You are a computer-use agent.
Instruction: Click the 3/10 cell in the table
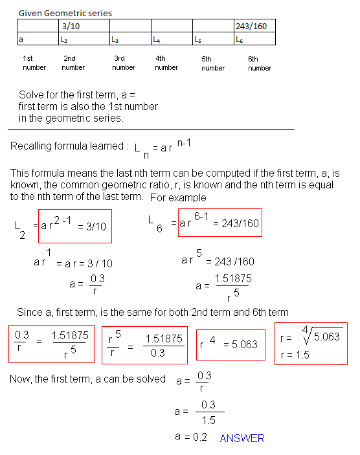pyautogui.click(x=84, y=26)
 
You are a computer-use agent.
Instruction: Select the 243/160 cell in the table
pyautogui.click(x=255, y=26)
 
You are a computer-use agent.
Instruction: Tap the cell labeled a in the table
pyautogui.click(x=37, y=39)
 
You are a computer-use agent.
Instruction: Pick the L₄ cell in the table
pyautogui.click(x=172, y=39)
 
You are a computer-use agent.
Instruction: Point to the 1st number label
pyautogui.click(x=34, y=63)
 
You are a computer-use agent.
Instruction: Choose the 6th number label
pyautogui.click(x=259, y=63)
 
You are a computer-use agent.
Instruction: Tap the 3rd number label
pyautogui.click(x=124, y=63)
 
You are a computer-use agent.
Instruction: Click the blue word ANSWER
pyautogui.click(x=242, y=438)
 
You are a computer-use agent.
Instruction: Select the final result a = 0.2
pyautogui.click(x=190, y=437)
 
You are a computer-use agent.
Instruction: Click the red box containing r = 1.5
pyautogui.click(x=310, y=343)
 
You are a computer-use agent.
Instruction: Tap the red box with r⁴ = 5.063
pyautogui.click(x=227, y=343)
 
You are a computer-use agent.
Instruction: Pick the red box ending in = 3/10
pyautogui.click(x=74, y=225)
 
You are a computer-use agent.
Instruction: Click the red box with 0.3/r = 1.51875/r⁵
pyautogui.click(x=52, y=343)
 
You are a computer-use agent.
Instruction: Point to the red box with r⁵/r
pyautogui.click(x=144, y=345)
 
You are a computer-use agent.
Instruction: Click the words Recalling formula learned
pyautogui.click(x=67, y=146)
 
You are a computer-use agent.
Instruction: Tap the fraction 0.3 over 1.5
pyautogui.click(x=208, y=411)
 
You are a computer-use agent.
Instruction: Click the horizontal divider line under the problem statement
pyautogui.click(x=152, y=129)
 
